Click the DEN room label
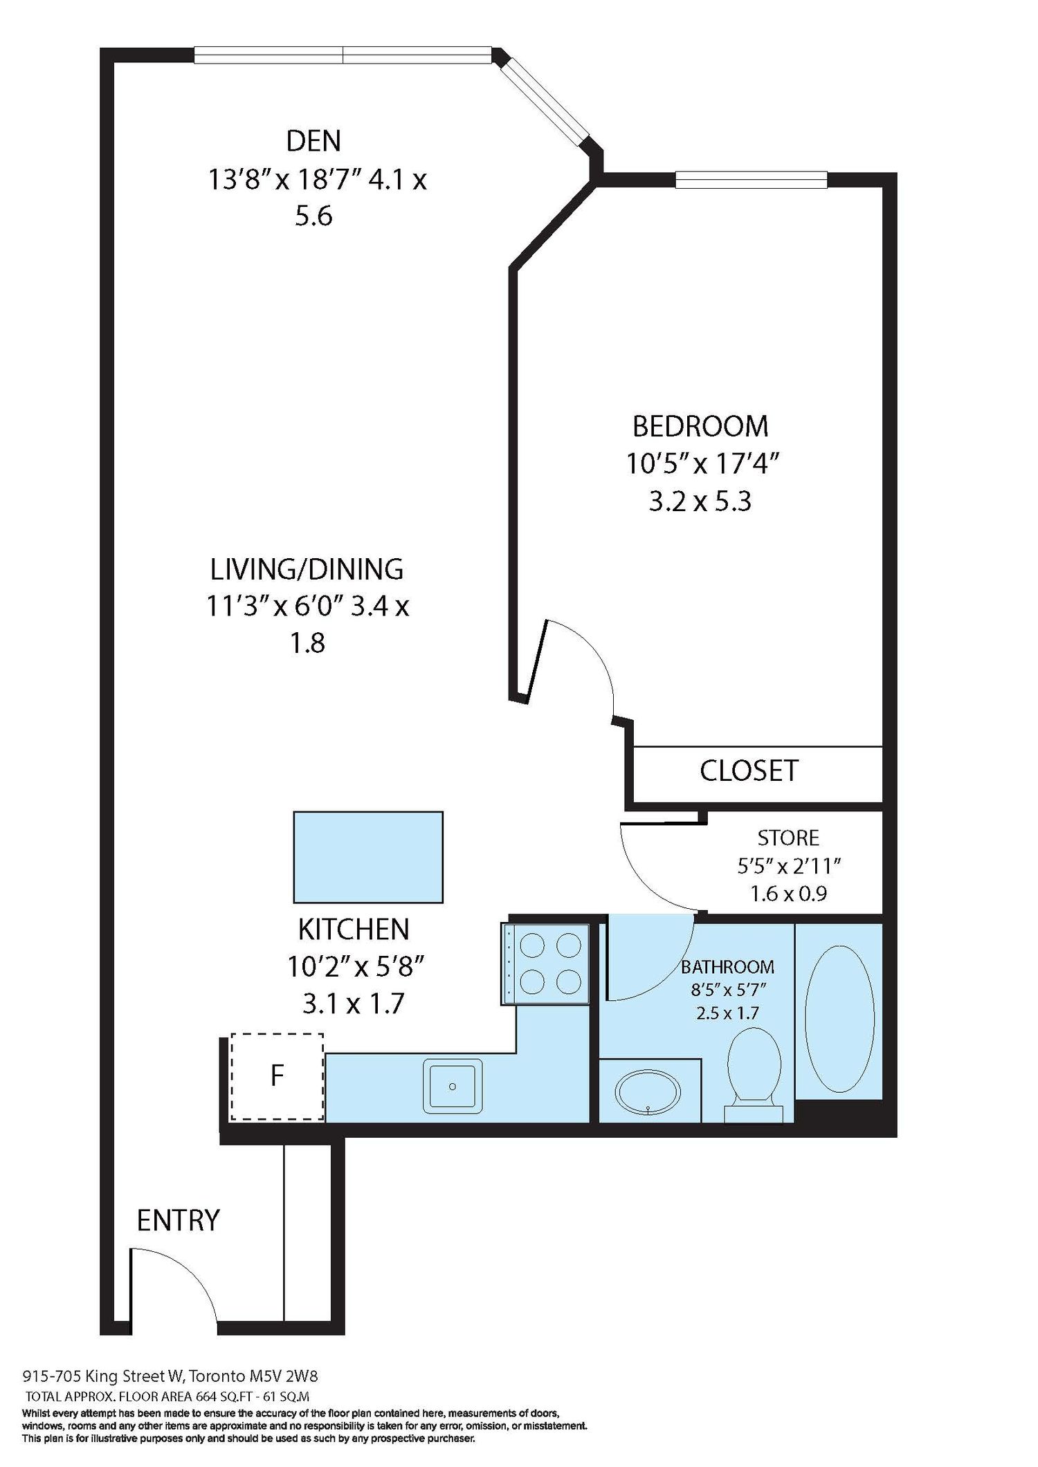coord(313,141)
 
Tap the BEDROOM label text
coord(700,426)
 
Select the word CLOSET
coord(749,771)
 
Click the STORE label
coord(788,838)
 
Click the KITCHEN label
coord(354,930)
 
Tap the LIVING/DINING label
coord(307,569)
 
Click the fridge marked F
coord(277,1076)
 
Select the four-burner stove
coord(545,963)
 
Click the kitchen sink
coord(453,1086)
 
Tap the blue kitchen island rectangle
coord(368,857)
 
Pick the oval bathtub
coord(839,1019)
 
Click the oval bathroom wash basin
coord(648,1092)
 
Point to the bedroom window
coord(752,180)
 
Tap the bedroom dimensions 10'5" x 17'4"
coord(703,463)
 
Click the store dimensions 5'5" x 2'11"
coord(789,865)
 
